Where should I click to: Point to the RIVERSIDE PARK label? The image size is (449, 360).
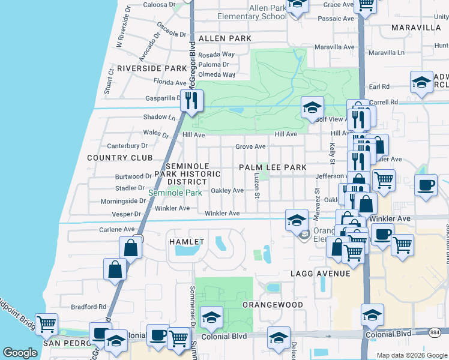[x=152, y=68]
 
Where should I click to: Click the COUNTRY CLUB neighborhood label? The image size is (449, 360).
[x=116, y=158]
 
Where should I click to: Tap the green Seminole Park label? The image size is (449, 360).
[x=175, y=193]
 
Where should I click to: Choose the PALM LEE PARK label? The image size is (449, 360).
[x=273, y=167]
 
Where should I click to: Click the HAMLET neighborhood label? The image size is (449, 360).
[x=187, y=241]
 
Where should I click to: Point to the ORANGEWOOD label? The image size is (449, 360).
[x=273, y=305]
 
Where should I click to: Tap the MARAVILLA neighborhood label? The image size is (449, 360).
[x=416, y=28]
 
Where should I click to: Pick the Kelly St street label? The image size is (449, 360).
[x=331, y=154]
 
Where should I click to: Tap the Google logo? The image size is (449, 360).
[x=20, y=353]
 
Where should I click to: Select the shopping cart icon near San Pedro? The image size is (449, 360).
[x=47, y=325]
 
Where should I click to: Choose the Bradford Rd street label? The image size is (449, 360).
[x=88, y=307]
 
